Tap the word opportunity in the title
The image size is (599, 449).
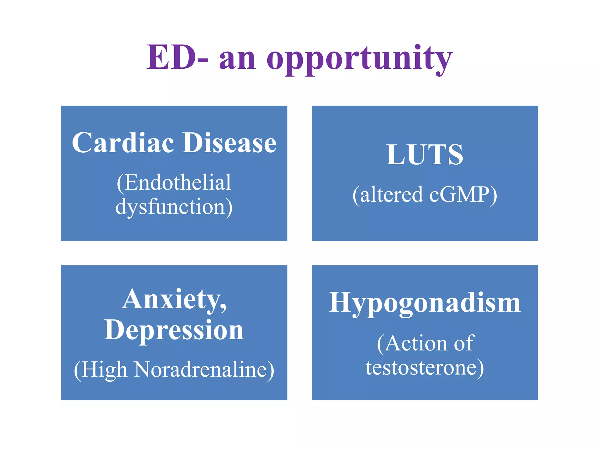pos(359,58)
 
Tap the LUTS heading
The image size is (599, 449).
pos(425,155)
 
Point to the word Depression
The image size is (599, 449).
pos(174,330)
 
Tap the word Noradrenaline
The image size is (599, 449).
pos(201,370)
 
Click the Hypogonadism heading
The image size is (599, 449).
pos(425,303)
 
